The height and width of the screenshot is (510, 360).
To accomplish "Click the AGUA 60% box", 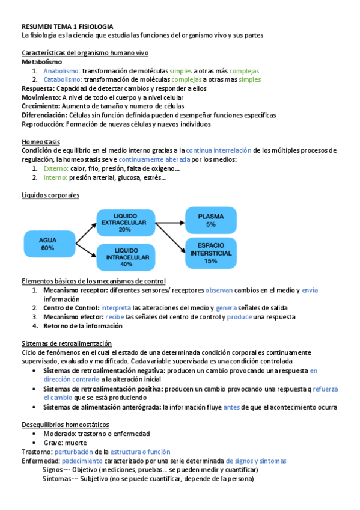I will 47,244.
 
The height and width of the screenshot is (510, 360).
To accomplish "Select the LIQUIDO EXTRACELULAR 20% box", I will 125,222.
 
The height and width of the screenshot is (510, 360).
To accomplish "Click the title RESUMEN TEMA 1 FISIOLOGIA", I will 67,27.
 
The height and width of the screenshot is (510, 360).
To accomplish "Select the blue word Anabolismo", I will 62,70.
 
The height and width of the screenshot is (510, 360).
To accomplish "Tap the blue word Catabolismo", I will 63,79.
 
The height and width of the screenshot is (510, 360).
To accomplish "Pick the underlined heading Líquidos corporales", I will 50,195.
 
